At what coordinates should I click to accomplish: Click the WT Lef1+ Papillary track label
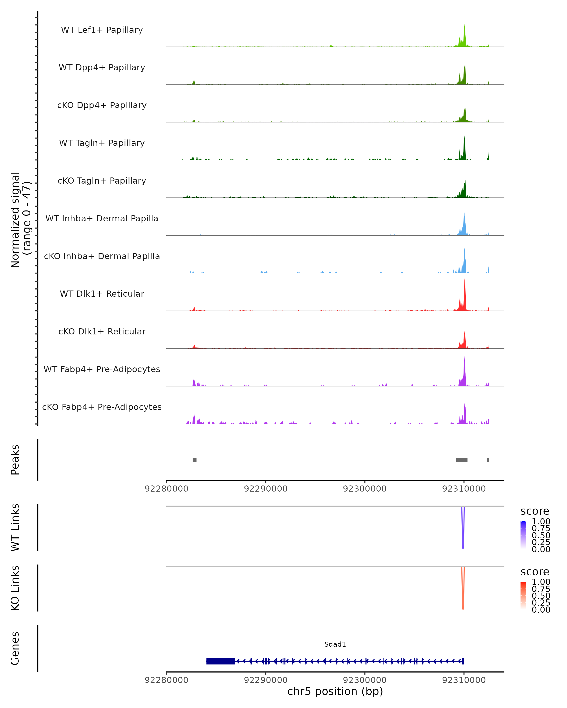102,30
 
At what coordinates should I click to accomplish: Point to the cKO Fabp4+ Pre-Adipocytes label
102,407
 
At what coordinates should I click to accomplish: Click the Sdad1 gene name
335,644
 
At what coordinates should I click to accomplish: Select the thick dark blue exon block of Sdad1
220,661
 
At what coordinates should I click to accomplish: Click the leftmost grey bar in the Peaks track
195,460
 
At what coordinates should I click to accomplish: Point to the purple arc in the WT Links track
463,539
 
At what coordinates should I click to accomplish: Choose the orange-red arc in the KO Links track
463,599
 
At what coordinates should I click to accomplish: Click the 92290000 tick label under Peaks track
266,489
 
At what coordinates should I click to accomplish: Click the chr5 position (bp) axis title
335,691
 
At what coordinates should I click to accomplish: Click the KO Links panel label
15,588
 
